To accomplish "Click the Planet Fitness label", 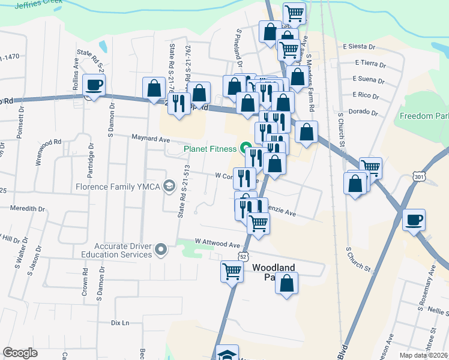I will click(x=209, y=148).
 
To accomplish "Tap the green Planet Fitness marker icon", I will click(x=246, y=148).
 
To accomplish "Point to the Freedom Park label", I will click(x=424, y=115).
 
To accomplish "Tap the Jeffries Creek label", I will click(x=40, y=6).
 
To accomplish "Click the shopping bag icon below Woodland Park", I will click(x=288, y=283).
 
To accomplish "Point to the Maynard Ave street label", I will click(x=151, y=139).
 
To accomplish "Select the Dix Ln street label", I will click(x=120, y=323).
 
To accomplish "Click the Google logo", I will click(x=20, y=352).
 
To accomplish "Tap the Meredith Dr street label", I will click(x=27, y=208).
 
